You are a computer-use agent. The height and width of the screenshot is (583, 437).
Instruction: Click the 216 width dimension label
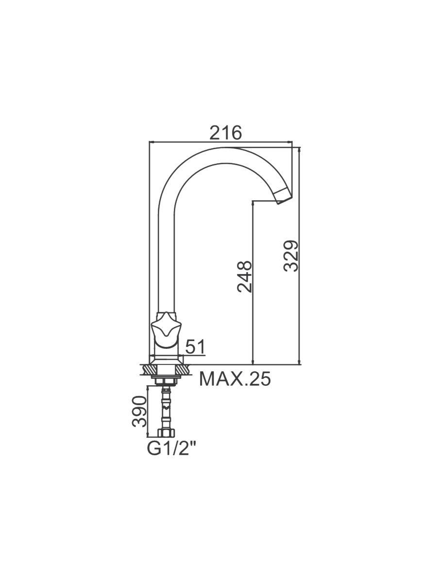(225, 133)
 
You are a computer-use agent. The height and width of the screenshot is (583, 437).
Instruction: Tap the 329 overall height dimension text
(291, 256)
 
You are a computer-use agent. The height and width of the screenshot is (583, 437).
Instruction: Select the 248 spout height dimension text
(244, 276)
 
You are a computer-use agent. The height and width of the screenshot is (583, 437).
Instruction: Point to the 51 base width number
(196, 346)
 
